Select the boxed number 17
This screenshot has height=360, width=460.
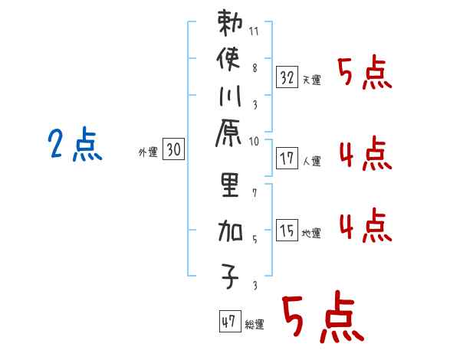tap(287, 159)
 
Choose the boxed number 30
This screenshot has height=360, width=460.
tap(174, 150)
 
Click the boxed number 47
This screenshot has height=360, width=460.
tap(228, 322)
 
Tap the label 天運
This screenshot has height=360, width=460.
tap(311, 80)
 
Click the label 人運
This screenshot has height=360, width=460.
tap(311, 162)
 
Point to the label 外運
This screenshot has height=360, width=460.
tap(148, 152)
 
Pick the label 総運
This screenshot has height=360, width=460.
tap(255, 325)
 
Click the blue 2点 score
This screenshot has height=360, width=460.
tap(75, 145)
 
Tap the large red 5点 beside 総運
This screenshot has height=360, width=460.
tap(321, 318)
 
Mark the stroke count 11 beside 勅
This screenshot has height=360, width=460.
tap(255, 32)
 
